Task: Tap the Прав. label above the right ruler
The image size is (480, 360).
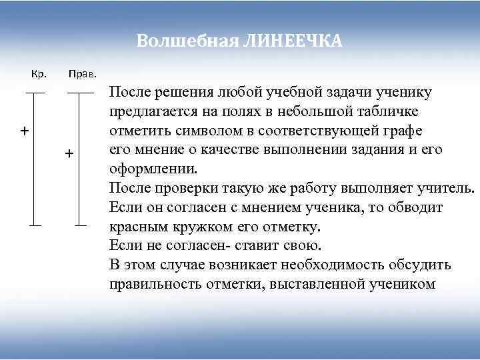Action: click(x=83, y=73)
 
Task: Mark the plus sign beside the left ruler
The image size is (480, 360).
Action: click(x=23, y=130)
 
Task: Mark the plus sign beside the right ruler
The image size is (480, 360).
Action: click(x=68, y=155)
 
